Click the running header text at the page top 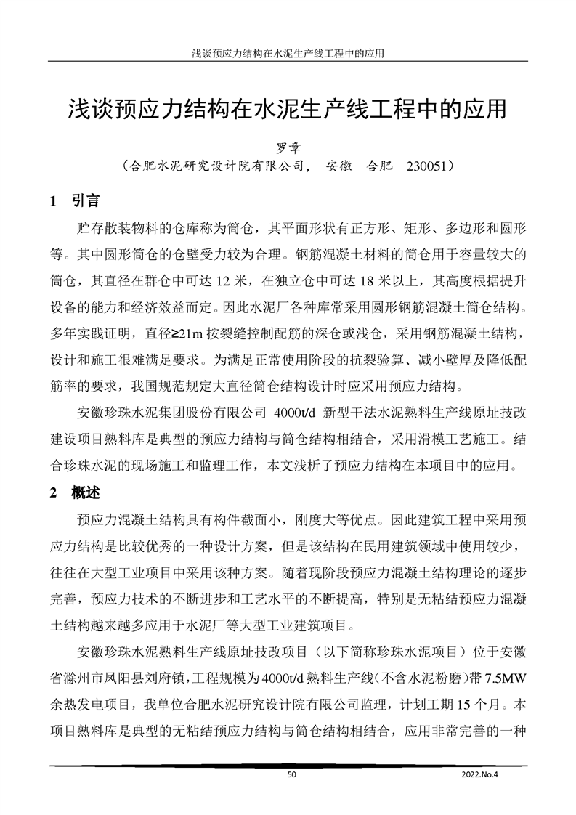tap(288, 53)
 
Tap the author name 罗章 tap(288, 147)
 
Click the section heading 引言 tap(86, 199)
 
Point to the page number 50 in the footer tap(292, 775)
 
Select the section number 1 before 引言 tap(53, 199)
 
